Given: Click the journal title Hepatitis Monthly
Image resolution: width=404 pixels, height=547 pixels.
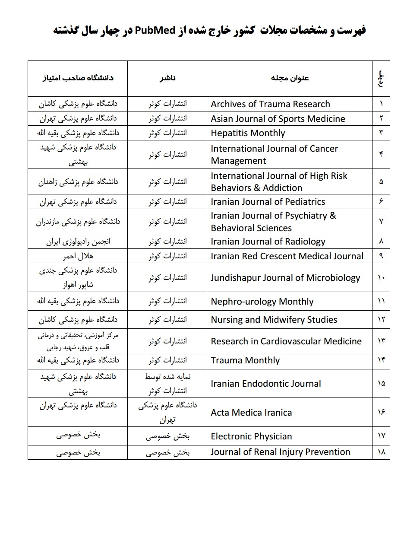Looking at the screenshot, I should coord(248,133).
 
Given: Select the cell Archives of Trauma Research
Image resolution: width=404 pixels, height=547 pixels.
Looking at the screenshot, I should coord(270,104).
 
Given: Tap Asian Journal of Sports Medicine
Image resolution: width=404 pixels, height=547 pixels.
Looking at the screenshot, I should coord(278,119).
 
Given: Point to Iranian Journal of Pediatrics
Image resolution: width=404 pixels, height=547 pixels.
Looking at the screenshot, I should coord(268,202).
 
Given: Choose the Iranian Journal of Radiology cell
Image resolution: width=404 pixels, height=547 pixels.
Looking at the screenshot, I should coord(268,242).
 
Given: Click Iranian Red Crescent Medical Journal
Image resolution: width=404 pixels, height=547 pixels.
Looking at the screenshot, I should coord(287,256).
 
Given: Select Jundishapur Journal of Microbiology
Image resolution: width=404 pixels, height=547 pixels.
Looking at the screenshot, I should coord(285,277).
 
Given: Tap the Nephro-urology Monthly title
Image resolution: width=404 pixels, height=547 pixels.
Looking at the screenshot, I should coord(262,302).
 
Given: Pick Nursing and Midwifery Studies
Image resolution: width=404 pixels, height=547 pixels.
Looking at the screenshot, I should coord(274,320).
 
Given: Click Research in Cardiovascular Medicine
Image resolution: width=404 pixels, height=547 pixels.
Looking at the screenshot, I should coord(286,341).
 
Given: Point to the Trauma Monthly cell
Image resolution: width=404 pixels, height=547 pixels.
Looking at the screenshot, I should coord(245,360).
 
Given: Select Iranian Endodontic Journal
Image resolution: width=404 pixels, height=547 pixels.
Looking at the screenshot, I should coord(266,384).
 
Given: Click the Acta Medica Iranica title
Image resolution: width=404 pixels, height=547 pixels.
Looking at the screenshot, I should coord(251,413).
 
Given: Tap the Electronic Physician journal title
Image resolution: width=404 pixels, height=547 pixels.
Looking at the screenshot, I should coord(251,436).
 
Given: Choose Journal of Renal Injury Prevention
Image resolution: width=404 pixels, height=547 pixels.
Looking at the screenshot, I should coord(281,452).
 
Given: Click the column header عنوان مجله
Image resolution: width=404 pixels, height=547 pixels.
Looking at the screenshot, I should coord(290,78).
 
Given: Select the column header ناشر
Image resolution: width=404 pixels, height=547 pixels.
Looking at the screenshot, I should coord(167,78).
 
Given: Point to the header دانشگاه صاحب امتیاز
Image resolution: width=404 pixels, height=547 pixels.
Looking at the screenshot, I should coord(78,78).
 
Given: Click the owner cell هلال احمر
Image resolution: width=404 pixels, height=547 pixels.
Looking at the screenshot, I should coord(78,256).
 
